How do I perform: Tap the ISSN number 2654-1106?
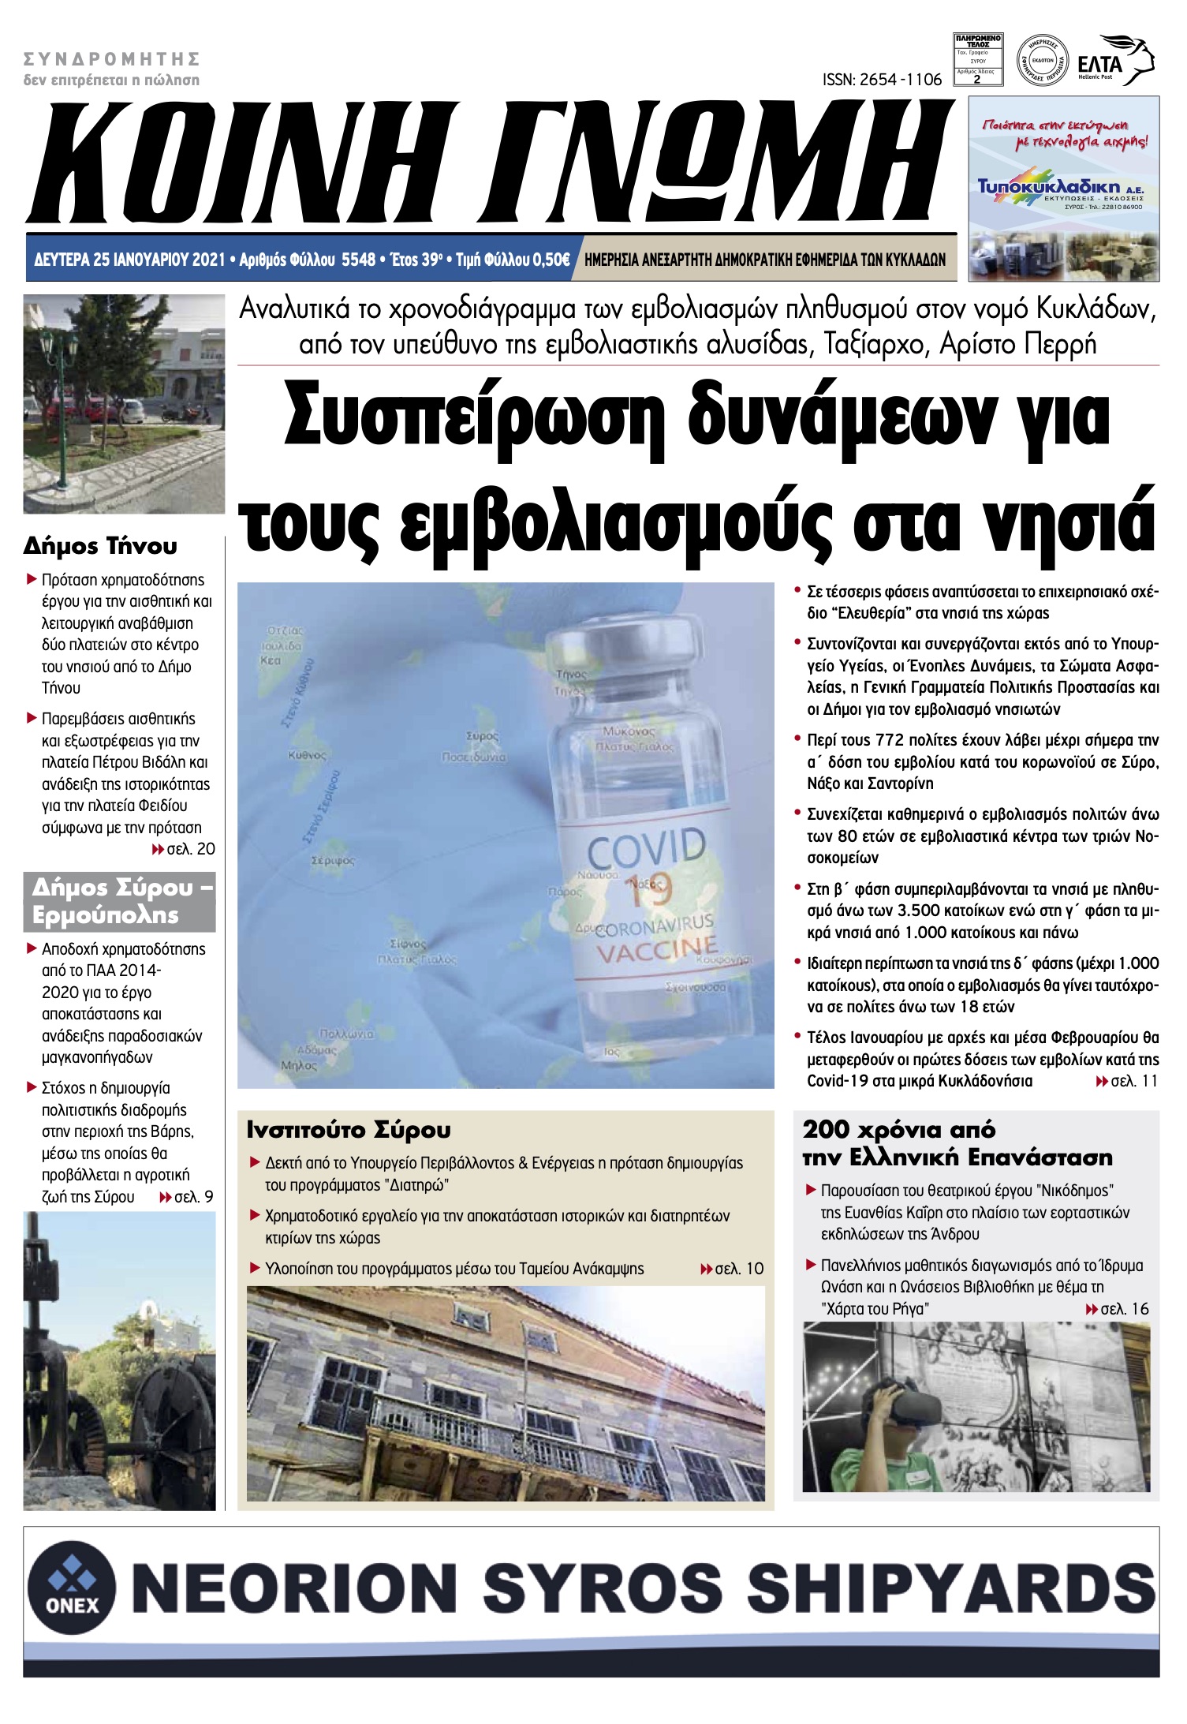pos(882,80)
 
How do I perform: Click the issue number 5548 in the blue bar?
pos(358,260)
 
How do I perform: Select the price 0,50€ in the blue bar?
pos(551,260)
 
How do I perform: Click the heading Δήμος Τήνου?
pos(100,546)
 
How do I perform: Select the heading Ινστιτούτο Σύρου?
pos(349,1130)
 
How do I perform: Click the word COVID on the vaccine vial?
pos(647,848)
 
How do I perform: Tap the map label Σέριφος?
pos(332,861)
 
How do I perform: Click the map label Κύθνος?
pos(307,755)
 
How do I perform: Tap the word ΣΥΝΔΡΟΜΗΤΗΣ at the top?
pos(111,59)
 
